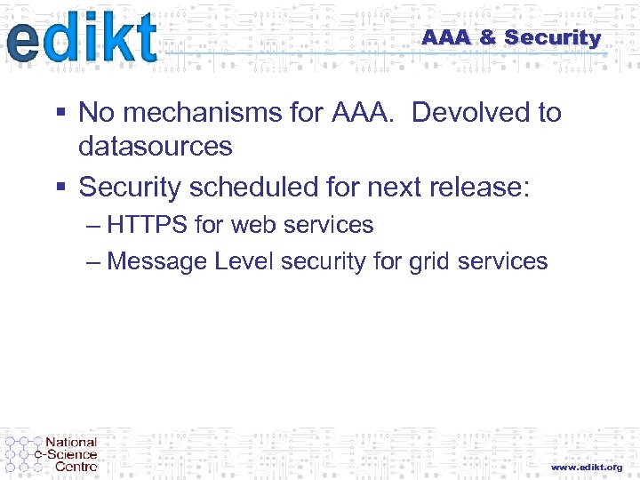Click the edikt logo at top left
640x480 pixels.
(x=82, y=39)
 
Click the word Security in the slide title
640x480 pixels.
(x=552, y=37)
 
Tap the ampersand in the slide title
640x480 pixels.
(x=487, y=37)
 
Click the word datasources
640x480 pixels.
(x=156, y=146)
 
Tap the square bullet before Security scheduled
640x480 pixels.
(x=60, y=188)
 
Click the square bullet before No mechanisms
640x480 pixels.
(x=60, y=113)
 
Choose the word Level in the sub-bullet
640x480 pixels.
(x=244, y=261)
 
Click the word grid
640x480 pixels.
(x=428, y=261)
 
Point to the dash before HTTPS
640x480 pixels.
(x=95, y=225)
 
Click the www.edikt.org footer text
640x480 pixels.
(x=587, y=467)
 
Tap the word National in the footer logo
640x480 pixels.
(x=71, y=443)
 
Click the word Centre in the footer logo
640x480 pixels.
(x=76, y=466)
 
